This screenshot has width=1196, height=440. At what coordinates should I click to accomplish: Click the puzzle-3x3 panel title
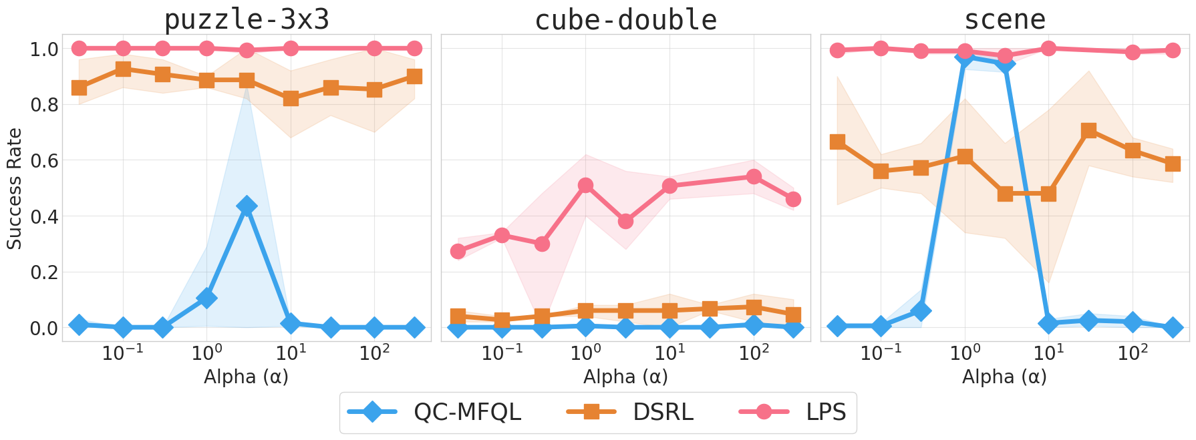pos(247,19)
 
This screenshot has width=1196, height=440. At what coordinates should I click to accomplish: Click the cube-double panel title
pos(625,19)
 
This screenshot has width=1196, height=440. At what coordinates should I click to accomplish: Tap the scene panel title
pos(1004,19)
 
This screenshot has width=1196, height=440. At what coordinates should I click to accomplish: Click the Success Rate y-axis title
pos(15,189)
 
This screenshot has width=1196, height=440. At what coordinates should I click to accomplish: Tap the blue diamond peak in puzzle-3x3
pos(247,206)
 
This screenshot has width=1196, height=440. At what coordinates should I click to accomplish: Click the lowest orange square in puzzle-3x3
pos(291,99)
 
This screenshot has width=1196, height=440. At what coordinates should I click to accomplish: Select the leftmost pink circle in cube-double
pos(458,251)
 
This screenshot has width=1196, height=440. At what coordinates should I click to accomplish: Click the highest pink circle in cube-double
pos(754,176)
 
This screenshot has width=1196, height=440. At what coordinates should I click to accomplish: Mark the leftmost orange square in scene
pos(837,142)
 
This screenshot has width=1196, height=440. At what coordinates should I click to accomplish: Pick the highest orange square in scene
pos(1088,130)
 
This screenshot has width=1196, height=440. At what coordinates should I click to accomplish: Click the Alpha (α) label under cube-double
pos(625,377)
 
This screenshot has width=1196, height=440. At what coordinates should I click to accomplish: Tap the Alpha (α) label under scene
pos(1004,377)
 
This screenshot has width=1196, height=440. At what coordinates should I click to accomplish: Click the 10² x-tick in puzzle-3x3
pos(374,352)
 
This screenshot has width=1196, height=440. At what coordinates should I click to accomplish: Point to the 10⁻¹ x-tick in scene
pos(881,352)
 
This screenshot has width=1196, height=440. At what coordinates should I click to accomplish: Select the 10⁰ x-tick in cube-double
pos(586,352)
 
